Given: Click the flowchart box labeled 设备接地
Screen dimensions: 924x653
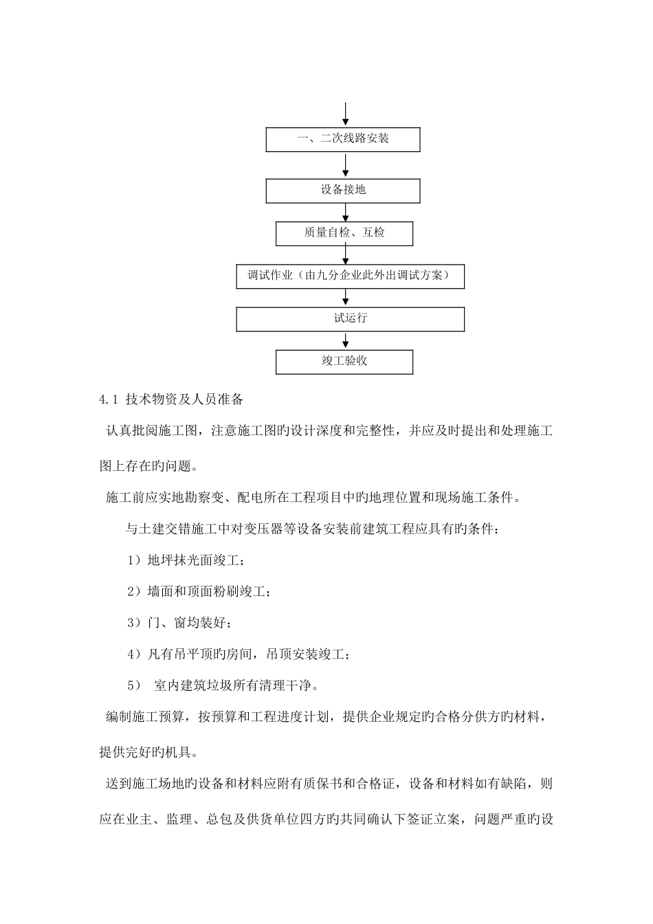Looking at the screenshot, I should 343,190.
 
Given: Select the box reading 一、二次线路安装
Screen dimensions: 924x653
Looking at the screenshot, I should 343,139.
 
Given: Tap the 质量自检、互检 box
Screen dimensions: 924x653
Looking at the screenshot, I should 344,233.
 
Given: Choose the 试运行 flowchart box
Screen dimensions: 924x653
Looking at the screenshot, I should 350,319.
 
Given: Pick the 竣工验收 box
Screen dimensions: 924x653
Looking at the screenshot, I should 344,361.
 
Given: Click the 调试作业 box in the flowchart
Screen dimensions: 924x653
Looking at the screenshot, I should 350,276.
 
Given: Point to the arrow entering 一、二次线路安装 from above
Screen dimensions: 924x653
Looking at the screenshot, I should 345,115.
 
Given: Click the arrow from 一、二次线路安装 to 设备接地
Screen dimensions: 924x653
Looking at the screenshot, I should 345,165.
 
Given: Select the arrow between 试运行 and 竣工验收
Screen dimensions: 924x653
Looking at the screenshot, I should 345,340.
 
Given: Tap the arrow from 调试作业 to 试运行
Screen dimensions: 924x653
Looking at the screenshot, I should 345,297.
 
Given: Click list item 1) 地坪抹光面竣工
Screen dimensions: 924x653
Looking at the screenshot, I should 185,560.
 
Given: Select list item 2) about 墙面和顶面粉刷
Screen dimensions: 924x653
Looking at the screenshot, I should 199,592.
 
